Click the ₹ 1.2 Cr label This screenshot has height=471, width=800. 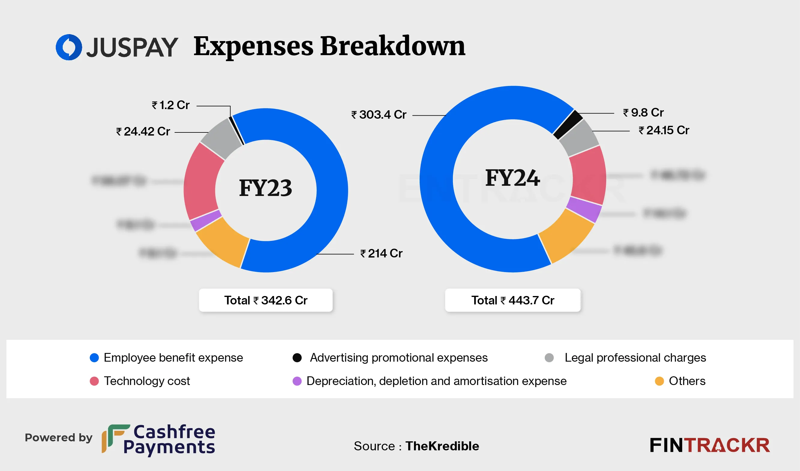coord(171,105)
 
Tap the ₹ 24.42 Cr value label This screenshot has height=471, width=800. coord(143,132)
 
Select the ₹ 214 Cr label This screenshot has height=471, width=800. coord(381,253)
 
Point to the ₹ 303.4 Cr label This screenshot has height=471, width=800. coord(379,114)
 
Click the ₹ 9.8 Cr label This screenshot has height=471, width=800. coord(643,113)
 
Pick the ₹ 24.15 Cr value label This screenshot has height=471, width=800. coord(664,130)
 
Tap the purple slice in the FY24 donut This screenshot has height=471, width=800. coord(584,209)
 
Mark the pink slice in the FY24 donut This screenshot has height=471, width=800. coord(588,175)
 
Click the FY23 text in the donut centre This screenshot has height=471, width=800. coord(265,188)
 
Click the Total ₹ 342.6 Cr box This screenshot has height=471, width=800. coord(265,300)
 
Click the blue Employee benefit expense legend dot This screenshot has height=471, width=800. coord(94,358)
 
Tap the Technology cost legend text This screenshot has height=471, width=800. coord(147,381)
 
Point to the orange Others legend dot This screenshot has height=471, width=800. coord(659,381)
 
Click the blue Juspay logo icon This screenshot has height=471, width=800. coord(69,47)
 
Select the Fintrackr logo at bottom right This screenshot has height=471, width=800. coord(709,445)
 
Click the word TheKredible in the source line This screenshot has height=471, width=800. coord(442,446)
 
